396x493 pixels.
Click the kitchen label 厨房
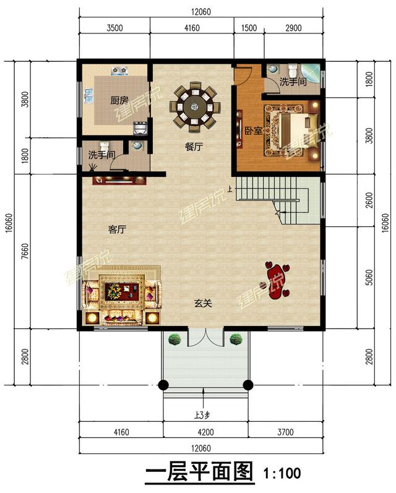[119, 100]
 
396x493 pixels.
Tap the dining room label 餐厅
[194, 147]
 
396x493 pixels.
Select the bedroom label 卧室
[252, 131]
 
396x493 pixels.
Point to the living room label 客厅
[118, 229]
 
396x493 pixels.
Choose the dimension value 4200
[205, 432]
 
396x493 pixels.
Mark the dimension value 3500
[115, 27]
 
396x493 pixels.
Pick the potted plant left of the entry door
[175, 339]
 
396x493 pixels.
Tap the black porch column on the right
[248, 385]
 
